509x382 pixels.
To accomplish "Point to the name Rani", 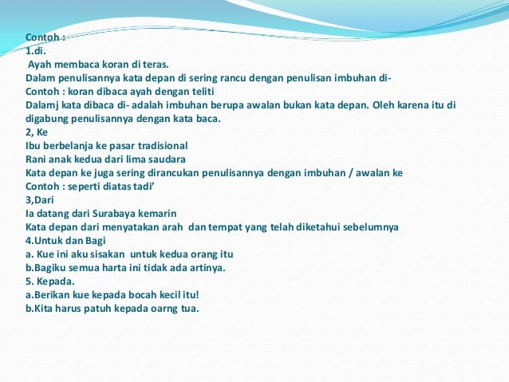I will (x=37, y=159).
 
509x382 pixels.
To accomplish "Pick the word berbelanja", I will (x=69, y=145).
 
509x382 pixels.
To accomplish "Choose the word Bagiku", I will (x=45, y=267).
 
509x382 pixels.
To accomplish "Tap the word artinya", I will (x=206, y=267).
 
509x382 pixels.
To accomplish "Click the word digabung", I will (x=49, y=118).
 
